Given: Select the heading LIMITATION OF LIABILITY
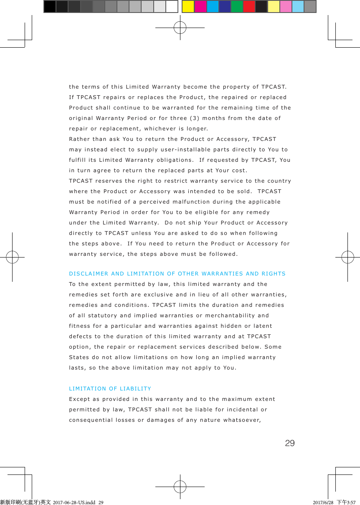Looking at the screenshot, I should point(110,389).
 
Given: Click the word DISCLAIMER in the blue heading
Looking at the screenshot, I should point(88,274).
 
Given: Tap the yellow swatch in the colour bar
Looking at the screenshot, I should point(188,6).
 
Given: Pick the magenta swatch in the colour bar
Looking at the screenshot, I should point(200,6).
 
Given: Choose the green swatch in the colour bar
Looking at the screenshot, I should point(237,6).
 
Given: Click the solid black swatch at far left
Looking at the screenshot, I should point(50,6).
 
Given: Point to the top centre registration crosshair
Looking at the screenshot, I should point(180,28).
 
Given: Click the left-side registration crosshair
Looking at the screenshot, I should point(12,257).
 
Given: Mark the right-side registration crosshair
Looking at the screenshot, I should point(348,257).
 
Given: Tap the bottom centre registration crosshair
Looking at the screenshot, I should point(180,487).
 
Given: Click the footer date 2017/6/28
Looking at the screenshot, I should point(323,502).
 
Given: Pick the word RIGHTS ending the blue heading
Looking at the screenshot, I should point(274,274).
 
